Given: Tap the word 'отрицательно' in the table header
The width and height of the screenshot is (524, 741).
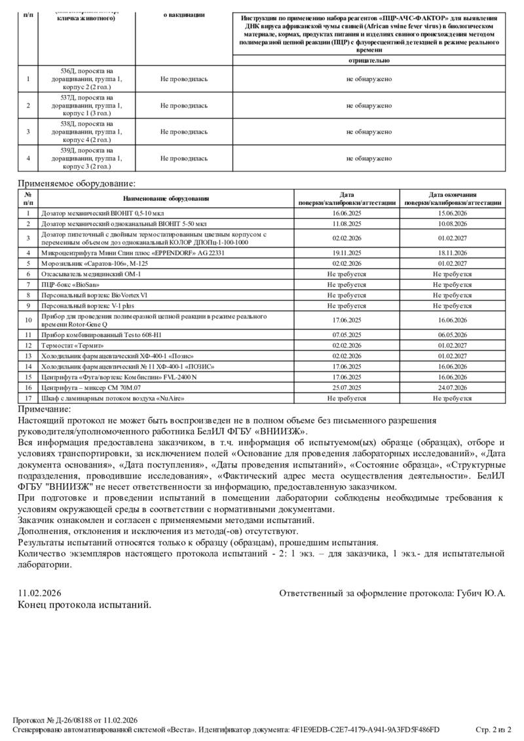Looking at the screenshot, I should pyautogui.click(x=369, y=60).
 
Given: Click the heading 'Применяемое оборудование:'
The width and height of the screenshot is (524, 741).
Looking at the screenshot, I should pyautogui.click(x=77, y=184).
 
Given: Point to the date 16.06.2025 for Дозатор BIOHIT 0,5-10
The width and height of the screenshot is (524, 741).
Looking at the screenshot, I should pyautogui.click(x=347, y=213).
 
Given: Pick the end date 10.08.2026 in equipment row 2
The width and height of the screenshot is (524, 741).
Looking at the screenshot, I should pyautogui.click(x=453, y=223).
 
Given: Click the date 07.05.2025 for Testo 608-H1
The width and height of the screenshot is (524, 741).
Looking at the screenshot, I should pyautogui.click(x=347, y=334).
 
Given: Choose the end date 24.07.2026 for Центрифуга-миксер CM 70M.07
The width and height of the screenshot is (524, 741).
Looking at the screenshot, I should pyautogui.click(x=453, y=388).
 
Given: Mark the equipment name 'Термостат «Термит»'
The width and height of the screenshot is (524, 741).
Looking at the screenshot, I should pyautogui.click(x=72, y=345).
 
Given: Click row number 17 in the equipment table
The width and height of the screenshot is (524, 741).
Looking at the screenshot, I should pyautogui.click(x=28, y=398).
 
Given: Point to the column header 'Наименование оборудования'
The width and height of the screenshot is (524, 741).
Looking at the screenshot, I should pyautogui.click(x=166, y=198).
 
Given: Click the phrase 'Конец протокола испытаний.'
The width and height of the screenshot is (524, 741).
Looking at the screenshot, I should pyautogui.click(x=84, y=604).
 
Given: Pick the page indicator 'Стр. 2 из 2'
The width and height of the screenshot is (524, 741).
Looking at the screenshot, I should pyautogui.click(x=493, y=729).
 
